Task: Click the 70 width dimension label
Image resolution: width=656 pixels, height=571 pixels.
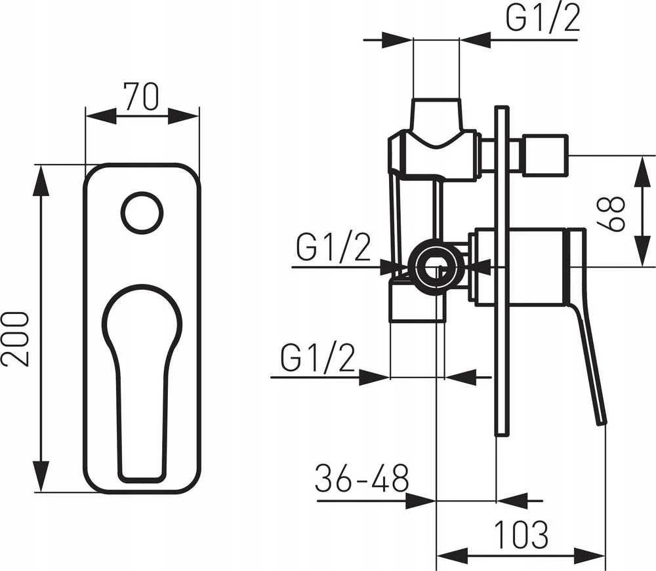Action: point(142,96)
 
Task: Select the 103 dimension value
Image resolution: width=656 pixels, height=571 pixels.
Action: point(521,534)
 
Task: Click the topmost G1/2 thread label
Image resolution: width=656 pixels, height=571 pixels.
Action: point(543,18)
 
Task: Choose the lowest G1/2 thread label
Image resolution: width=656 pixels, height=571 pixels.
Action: point(318,358)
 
